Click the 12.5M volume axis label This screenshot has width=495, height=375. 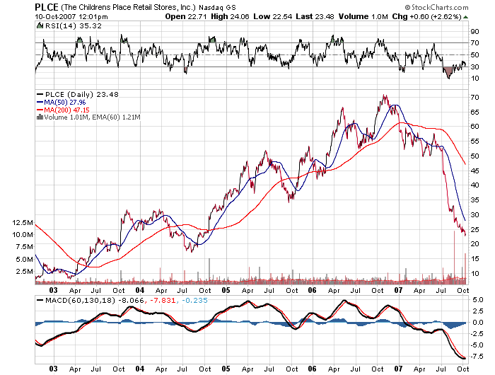click(x=21, y=222)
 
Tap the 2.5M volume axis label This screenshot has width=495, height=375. click(x=23, y=271)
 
